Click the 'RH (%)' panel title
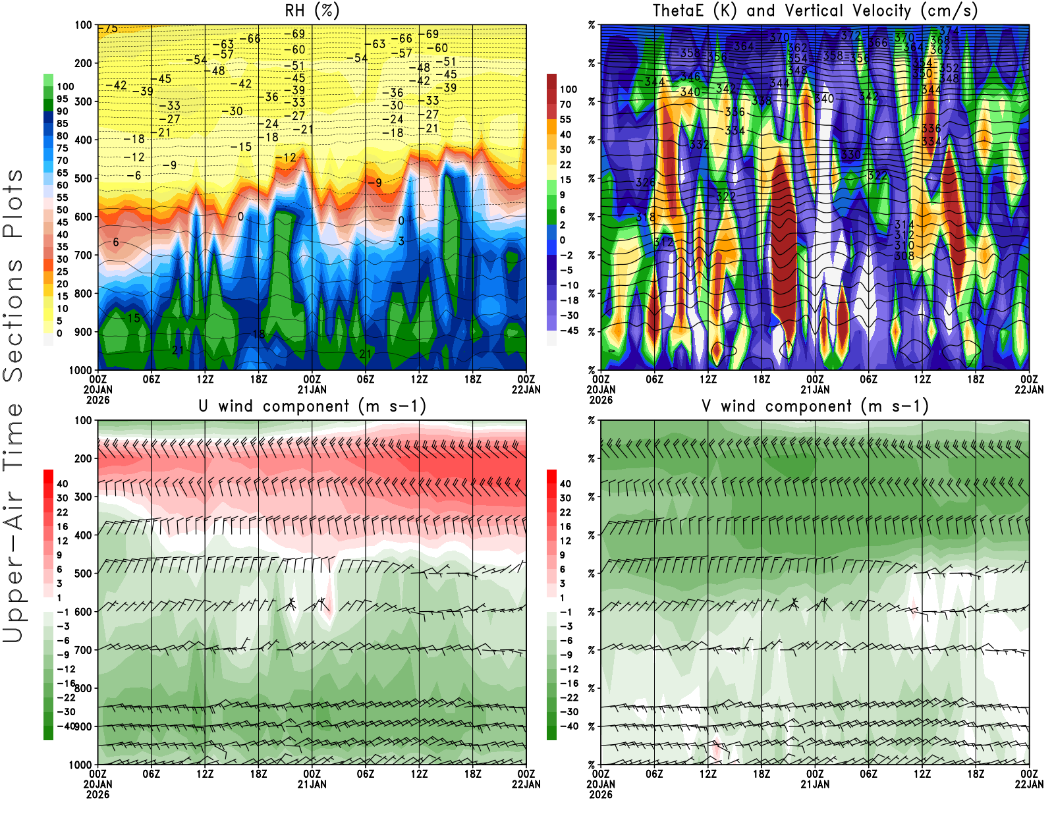(x=312, y=11)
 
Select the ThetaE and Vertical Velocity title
(x=815, y=11)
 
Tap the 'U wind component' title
(x=312, y=406)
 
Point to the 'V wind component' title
(x=815, y=406)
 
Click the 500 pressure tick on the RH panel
(x=84, y=178)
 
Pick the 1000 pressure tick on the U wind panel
(x=80, y=765)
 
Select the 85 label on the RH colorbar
(x=63, y=123)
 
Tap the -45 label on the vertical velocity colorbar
(x=569, y=331)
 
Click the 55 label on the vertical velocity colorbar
(x=565, y=119)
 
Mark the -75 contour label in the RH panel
(x=109, y=28)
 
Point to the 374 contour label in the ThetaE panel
(x=949, y=31)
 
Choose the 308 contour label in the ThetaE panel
(x=904, y=256)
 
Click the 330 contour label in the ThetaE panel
(x=850, y=155)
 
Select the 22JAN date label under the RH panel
(x=526, y=389)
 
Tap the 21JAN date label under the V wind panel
(x=815, y=784)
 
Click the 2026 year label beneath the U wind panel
(x=97, y=794)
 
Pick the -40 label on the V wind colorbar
(x=569, y=726)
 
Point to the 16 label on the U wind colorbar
(x=63, y=526)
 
